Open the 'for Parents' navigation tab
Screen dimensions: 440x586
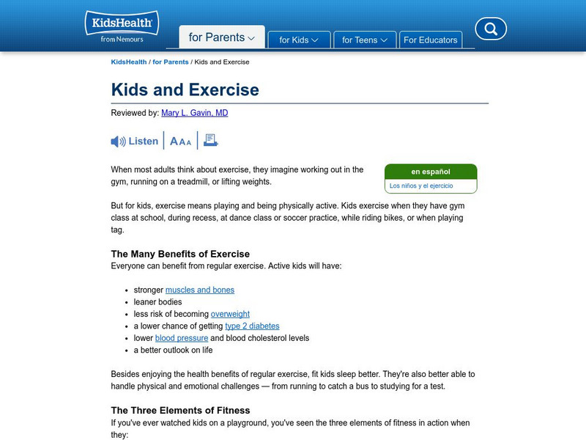pyautogui.click(x=221, y=37)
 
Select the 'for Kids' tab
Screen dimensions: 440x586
pyautogui.click(x=298, y=40)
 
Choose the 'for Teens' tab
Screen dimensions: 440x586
pyautogui.click(x=364, y=40)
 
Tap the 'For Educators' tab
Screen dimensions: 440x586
pyautogui.click(x=430, y=40)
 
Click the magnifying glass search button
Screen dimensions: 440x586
pyautogui.click(x=491, y=29)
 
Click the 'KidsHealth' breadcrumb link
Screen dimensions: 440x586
pyautogui.click(x=128, y=62)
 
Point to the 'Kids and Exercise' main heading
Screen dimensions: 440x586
pyautogui.click(x=185, y=89)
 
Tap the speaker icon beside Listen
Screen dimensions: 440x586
pyautogui.click(x=118, y=142)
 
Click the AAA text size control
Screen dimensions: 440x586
pyautogui.click(x=180, y=142)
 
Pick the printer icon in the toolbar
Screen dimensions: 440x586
pyautogui.click(x=211, y=141)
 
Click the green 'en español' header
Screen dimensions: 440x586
pyautogui.click(x=431, y=172)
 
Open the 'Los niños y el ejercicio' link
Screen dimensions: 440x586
pyautogui.click(x=421, y=186)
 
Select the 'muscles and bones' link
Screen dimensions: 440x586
pyautogui.click(x=200, y=290)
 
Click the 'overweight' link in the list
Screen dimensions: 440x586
pyautogui.click(x=230, y=314)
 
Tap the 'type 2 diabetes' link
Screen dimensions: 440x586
pyautogui.click(x=252, y=326)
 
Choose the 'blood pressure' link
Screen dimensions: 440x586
pyautogui.click(x=182, y=338)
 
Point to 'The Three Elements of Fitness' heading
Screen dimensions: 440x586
pyautogui.click(x=180, y=410)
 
